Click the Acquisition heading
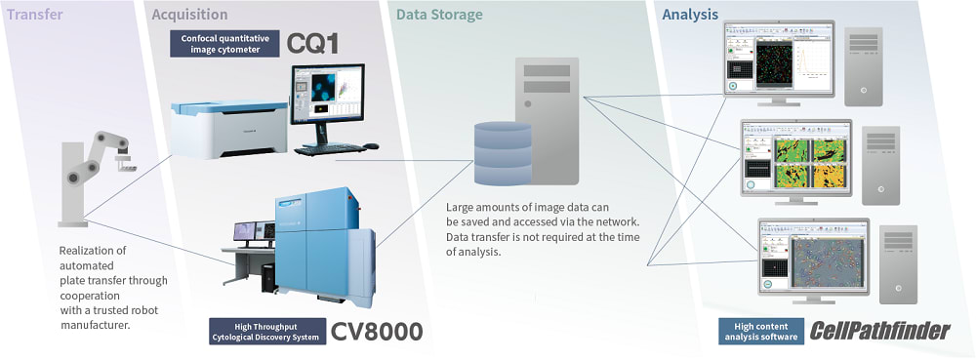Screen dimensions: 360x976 190,15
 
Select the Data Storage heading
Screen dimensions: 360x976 439,15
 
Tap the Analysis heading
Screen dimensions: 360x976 690,15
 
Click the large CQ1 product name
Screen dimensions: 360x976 315,43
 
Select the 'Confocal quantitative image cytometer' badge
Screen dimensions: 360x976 224,44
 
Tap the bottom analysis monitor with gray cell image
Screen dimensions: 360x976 812,257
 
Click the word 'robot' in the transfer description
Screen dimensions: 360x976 139,310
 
